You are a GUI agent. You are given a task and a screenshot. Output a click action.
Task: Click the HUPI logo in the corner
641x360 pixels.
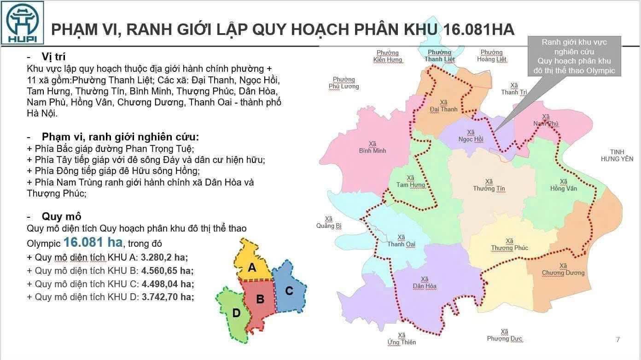pyautogui.click(x=23, y=23)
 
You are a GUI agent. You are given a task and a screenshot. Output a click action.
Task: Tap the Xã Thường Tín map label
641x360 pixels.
pyautogui.click(x=489, y=185)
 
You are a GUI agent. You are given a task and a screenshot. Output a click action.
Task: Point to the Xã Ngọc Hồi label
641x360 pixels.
pyautogui.click(x=471, y=136)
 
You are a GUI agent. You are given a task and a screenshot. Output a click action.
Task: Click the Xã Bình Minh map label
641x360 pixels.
pyautogui.click(x=373, y=147)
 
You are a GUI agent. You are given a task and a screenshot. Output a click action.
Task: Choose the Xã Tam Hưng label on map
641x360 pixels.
pyautogui.click(x=411, y=181)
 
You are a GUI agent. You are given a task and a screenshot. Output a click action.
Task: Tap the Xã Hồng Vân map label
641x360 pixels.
pyautogui.click(x=563, y=185)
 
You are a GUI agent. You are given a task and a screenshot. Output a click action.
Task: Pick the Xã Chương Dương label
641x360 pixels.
pyautogui.click(x=563, y=269)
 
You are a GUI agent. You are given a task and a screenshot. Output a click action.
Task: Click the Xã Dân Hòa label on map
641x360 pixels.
pyautogui.click(x=424, y=283)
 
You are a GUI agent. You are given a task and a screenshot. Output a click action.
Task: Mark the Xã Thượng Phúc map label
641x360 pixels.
pyautogui.click(x=509, y=244)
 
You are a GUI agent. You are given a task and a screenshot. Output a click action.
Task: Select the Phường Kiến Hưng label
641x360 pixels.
pyautogui.click(x=388, y=56)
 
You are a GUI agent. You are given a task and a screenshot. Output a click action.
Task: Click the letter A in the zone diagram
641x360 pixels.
pyautogui.click(x=251, y=267)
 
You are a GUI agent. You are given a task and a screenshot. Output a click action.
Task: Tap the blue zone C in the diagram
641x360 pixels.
pyautogui.click(x=289, y=290)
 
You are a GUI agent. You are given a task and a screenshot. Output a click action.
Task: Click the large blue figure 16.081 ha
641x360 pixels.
pyautogui.click(x=93, y=242)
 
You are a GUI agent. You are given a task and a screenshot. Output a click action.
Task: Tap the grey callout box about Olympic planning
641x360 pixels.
pyautogui.click(x=574, y=56)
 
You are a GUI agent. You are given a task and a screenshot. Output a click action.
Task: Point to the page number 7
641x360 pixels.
pyautogui.click(x=618, y=340)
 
